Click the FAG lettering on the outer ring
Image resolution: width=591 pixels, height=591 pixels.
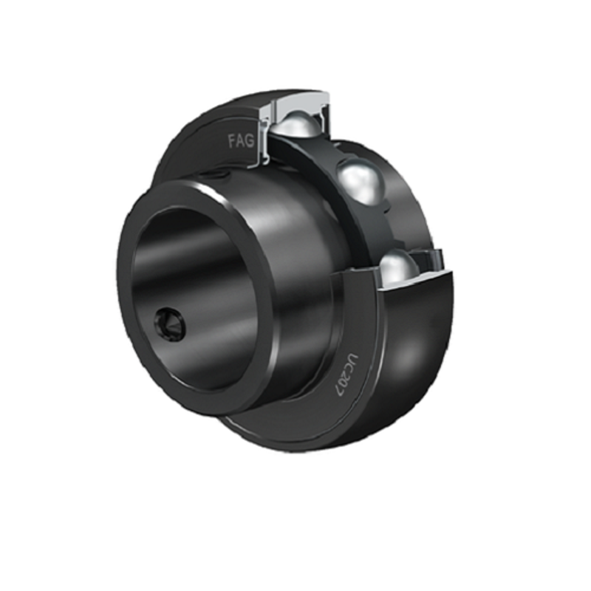[x=242, y=141]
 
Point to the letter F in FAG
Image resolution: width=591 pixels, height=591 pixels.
[x=232, y=141]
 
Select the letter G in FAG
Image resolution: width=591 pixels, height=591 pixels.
[x=250, y=140]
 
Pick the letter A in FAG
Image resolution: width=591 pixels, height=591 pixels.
[x=241, y=141]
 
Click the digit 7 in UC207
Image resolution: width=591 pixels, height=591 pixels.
[x=342, y=391]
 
